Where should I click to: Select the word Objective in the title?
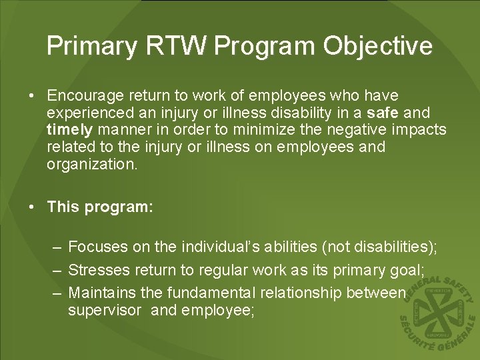(378, 46)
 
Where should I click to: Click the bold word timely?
(67, 130)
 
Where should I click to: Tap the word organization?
(92, 164)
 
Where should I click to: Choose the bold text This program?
(101, 207)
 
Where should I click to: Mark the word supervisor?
(105, 310)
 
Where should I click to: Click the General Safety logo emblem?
(437, 310)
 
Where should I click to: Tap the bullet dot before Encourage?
(32, 97)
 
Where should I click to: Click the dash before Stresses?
(57, 270)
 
